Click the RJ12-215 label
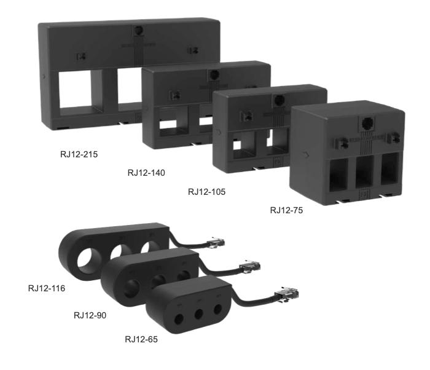pyautogui.click(x=79, y=154)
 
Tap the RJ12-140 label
pyautogui.click(x=146, y=173)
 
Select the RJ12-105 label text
pyautogui.click(x=207, y=192)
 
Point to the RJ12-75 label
pyautogui.click(x=287, y=210)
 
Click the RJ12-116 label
pyautogui.click(x=47, y=288)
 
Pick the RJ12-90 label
pyautogui.click(x=90, y=315)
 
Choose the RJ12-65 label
pyautogui.click(x=141, y=339)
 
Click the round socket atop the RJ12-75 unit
pyautogui.click(x=367, y=124)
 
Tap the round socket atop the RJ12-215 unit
pyautogui.click(x=139, y=30)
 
